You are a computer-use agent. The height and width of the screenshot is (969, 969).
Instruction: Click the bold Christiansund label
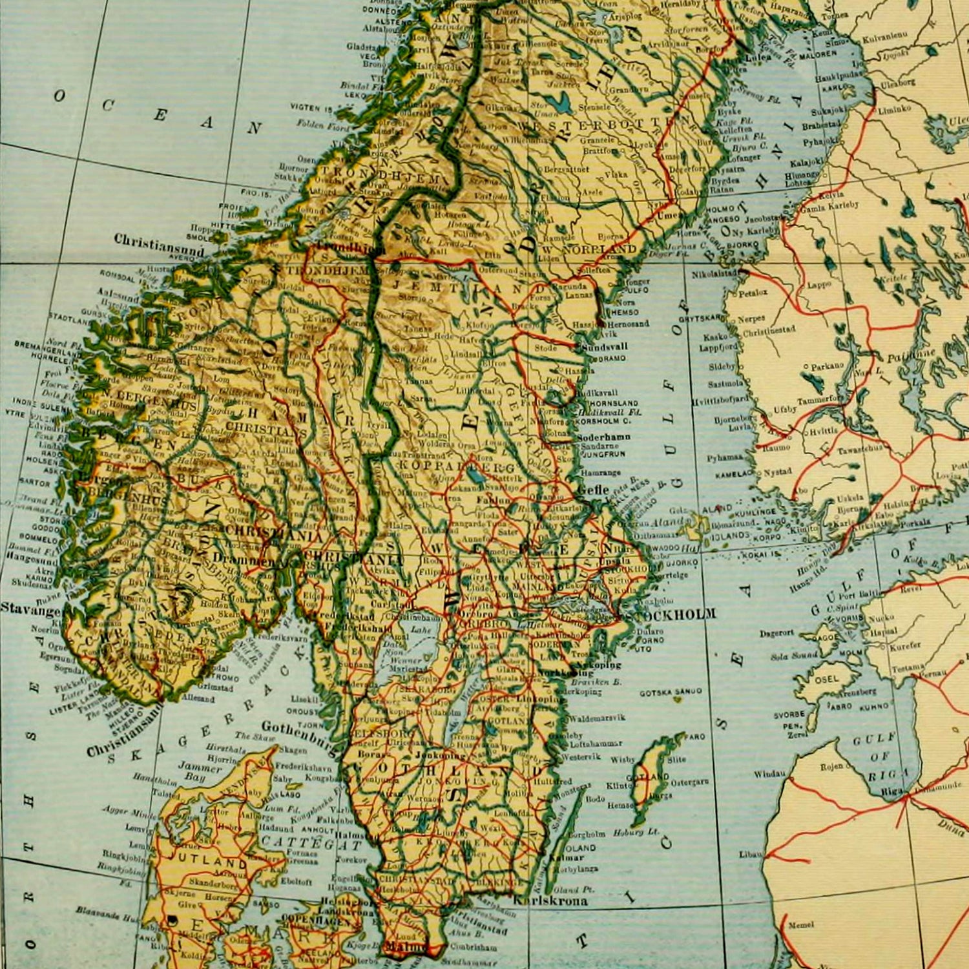click(159, 240)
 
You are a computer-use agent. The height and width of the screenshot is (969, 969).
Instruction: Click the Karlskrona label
click(550, 900)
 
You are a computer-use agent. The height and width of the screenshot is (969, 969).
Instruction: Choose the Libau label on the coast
click(751, 854)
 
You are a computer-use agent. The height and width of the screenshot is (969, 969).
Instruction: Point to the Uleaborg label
click(898, 83)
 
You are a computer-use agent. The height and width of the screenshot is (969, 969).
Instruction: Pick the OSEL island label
click(826, 678)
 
